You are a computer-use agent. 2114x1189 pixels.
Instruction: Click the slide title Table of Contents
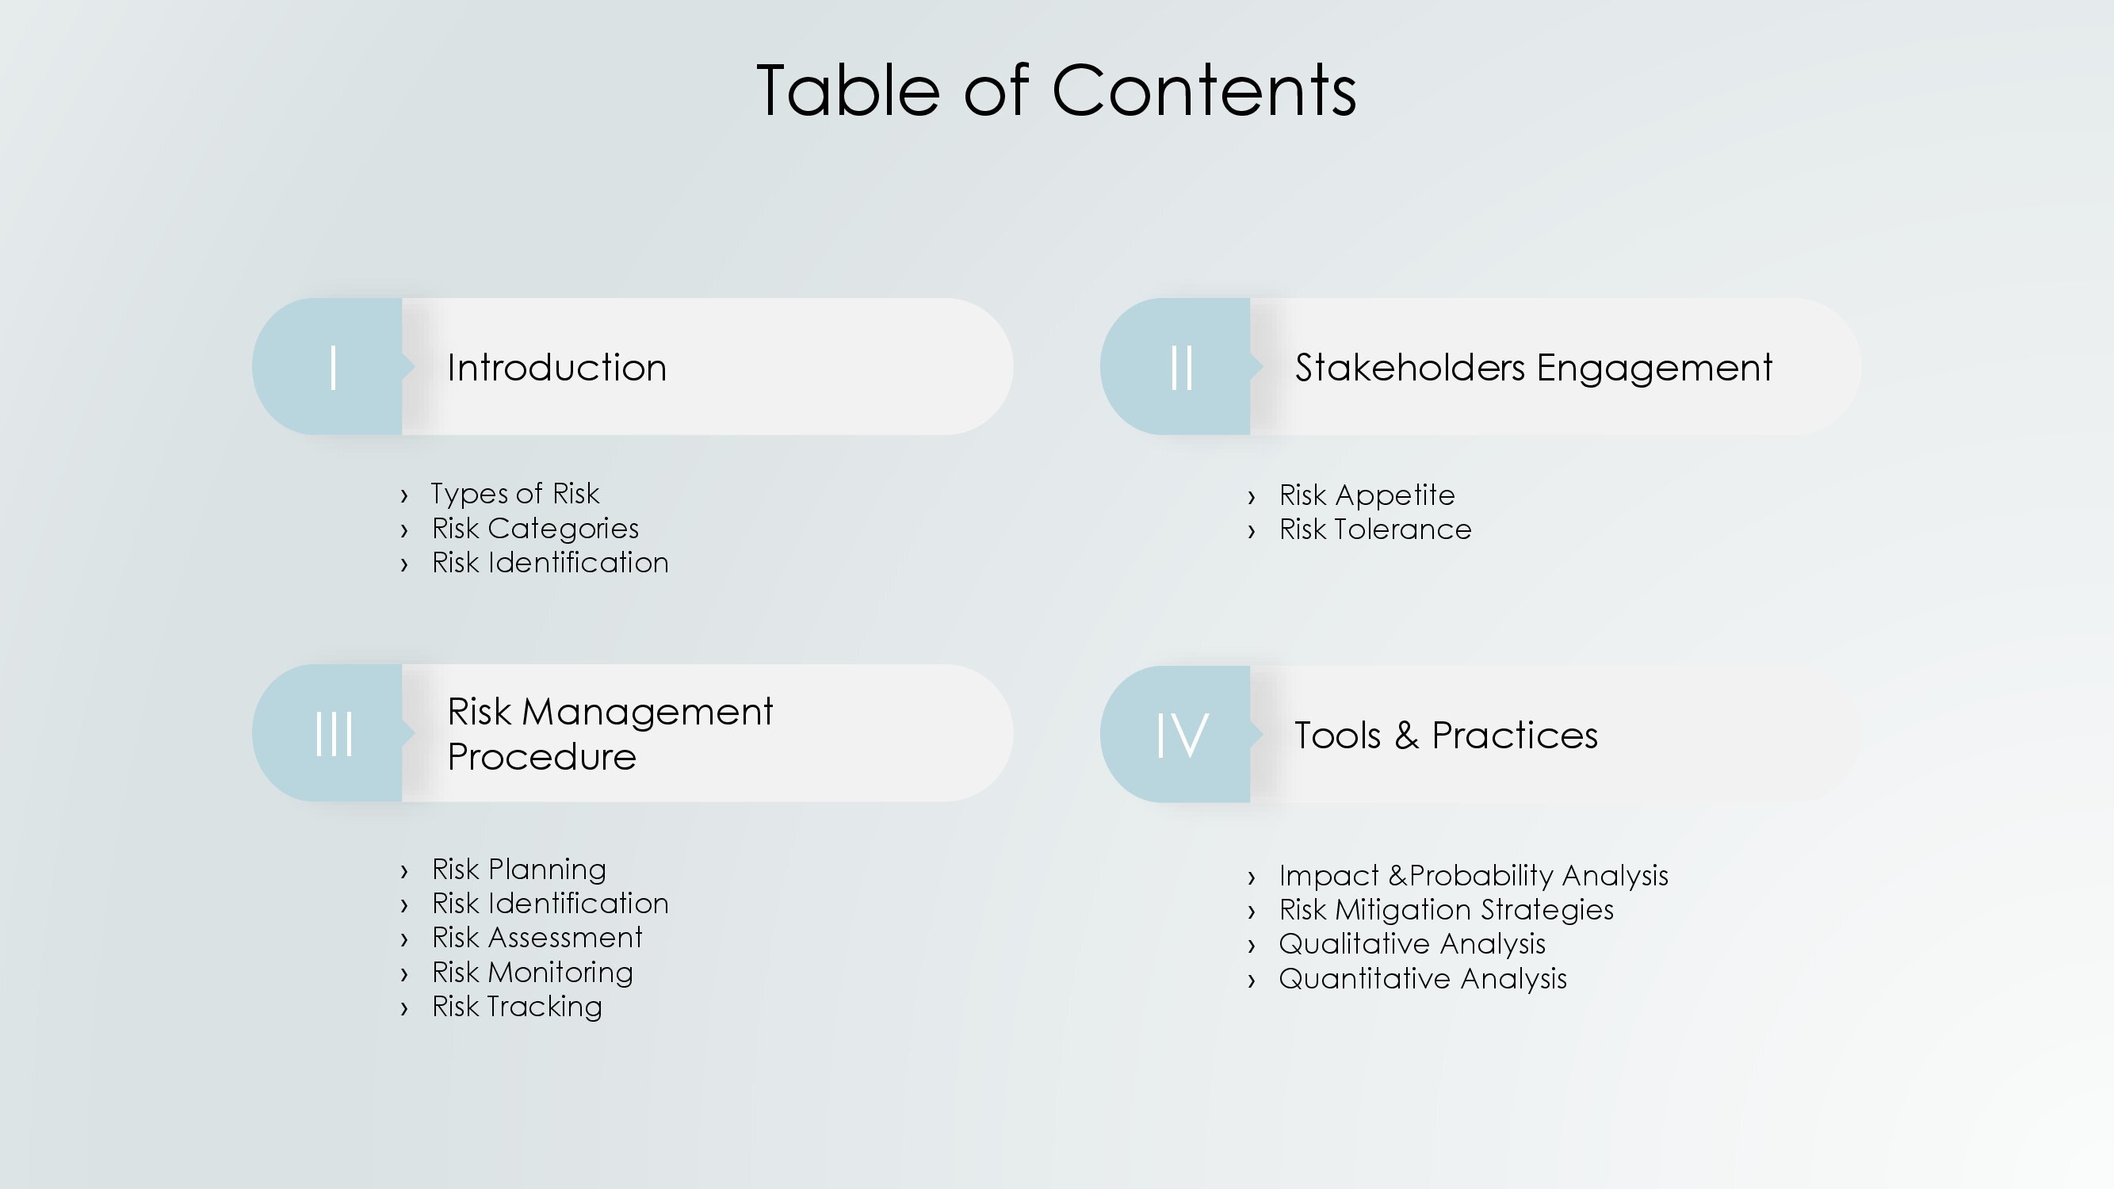(x=1056, y=90)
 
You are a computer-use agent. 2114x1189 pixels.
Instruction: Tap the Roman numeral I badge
(x=328, y=366)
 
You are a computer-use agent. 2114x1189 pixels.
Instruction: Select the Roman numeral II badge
(x=1176, y=366)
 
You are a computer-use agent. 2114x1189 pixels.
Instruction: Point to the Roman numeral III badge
(x=328, y=732)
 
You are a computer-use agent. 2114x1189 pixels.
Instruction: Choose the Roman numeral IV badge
(x=1176, y=733)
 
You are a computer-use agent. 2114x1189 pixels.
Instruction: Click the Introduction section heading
(x=556, y=367)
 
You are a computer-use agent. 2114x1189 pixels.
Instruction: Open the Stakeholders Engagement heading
(x=1534, y=368)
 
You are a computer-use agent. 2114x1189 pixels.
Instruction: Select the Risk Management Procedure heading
(x=610, y=732)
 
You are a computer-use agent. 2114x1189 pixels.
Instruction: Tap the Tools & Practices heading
(x=1446, y=736)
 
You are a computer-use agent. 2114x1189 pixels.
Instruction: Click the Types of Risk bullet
(x=514, y=493)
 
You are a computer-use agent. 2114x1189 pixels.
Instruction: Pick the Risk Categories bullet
(x=535, y=529)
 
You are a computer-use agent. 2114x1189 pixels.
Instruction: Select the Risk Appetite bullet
(x=1367, y=495)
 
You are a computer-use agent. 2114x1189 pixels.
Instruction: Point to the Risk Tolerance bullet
(x=1375, y=530)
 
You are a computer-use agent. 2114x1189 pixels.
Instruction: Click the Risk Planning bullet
(x=518, y=869)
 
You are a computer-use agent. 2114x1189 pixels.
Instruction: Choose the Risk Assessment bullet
(x=537, y=937)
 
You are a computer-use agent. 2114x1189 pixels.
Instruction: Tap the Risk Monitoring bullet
(x=533, y=973)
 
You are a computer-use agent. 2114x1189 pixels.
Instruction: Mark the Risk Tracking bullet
(x=517, y=1006)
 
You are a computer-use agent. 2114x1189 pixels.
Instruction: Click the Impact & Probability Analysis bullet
(x=1474, y=876)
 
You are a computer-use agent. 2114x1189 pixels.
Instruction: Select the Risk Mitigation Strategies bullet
(x=1446, y=910)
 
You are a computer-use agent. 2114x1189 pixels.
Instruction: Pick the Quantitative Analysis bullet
(x=1423, y=979)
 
